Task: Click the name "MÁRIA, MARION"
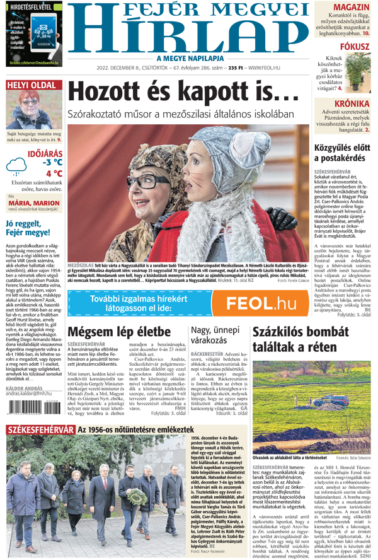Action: [35, 203]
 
